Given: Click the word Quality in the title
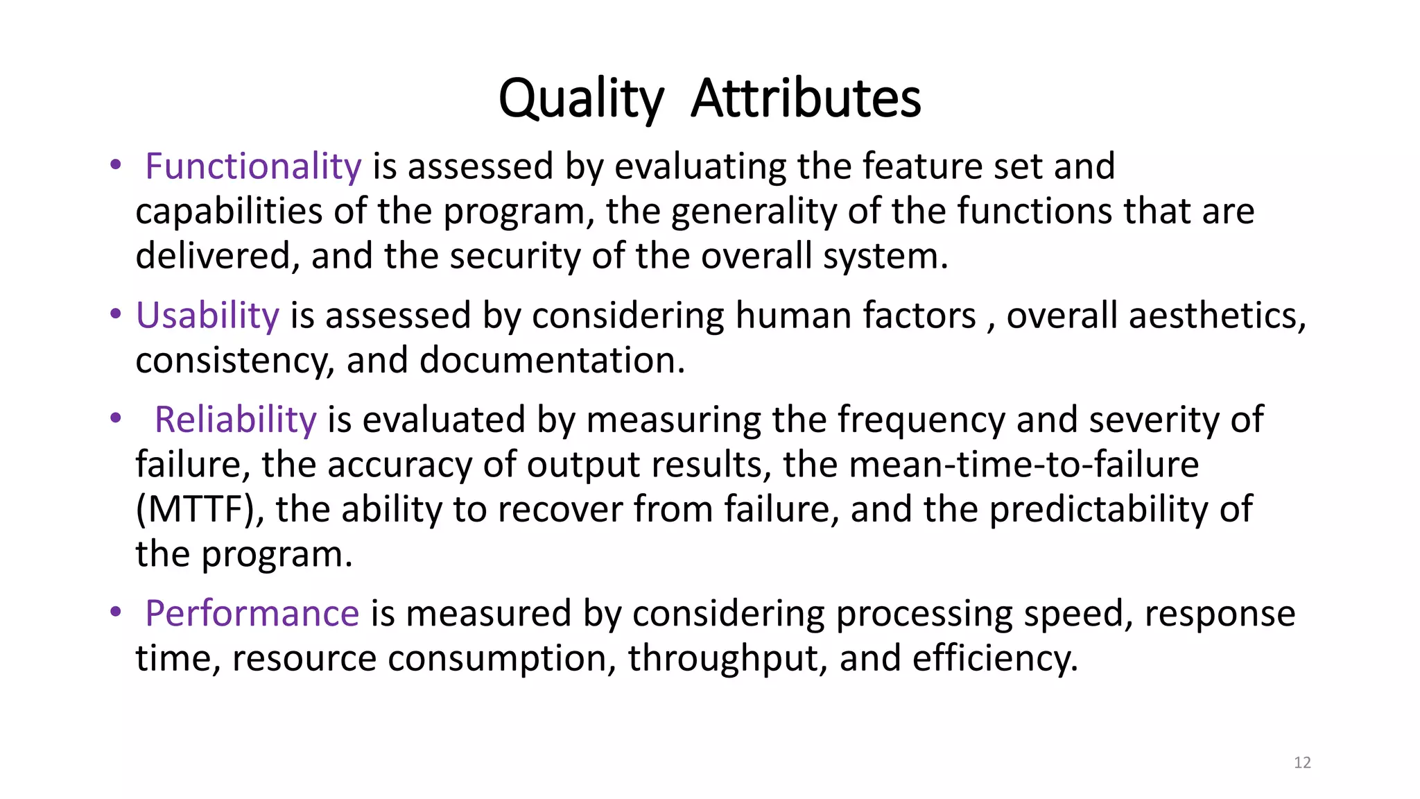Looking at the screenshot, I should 581,98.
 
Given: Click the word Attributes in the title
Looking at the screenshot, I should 806,98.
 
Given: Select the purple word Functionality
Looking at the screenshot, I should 253,166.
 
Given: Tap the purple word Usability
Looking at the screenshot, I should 207,316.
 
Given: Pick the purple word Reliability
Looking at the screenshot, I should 235,420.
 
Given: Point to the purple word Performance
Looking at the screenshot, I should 252,613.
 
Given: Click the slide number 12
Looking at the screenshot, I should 1302,763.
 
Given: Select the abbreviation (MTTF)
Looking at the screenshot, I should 200,509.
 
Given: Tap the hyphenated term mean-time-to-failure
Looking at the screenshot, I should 1023,464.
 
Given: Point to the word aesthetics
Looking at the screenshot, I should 1217,316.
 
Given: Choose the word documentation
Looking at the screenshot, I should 552,361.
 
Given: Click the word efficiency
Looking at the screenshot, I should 995,658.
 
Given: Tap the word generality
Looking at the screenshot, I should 754,212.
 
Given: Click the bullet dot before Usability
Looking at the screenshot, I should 115,314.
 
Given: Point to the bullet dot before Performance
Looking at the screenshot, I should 115,612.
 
